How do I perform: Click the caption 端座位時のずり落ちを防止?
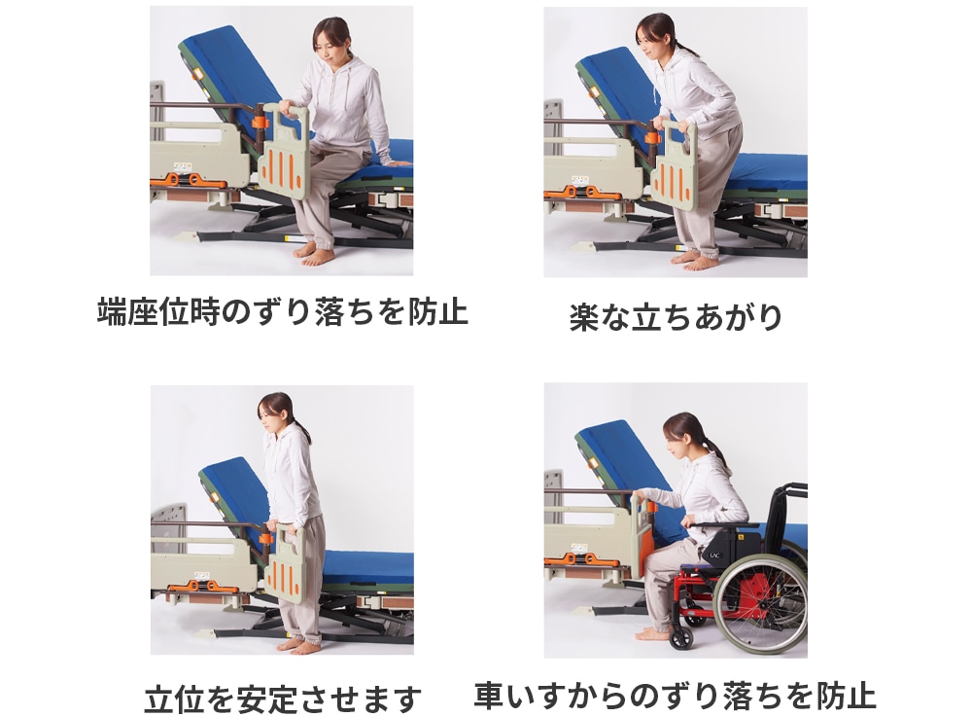click(282, 311)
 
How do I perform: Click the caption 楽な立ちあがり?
click(676, 317)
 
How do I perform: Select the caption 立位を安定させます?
click(283, 698)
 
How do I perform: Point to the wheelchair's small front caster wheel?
click(681, 637)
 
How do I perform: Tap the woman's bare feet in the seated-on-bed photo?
click(313, 254)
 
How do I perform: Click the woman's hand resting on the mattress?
click(396, 162)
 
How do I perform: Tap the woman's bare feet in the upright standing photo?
click(291, 642)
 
